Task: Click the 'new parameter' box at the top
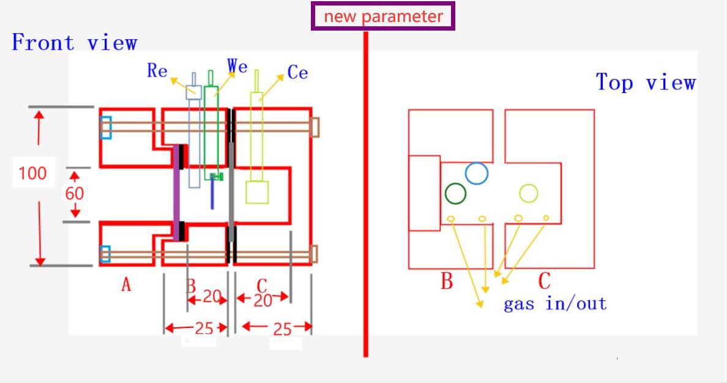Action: point(382,17)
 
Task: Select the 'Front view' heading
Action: point(75,42)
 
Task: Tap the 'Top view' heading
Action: point(646,83)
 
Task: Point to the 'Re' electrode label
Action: point(157,70)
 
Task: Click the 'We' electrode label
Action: point(237,66)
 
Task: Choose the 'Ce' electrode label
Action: point(297,72)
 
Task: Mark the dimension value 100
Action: point(32,173)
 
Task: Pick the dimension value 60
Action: point(74,193)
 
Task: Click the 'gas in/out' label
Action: point(555,303)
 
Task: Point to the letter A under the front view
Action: point(126,284)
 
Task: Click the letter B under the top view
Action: point(447,281)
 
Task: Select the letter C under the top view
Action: point(544,281)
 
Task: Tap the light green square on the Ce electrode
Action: point(257,192)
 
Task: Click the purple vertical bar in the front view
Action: point(176,193)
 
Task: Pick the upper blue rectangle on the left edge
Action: point(106,127)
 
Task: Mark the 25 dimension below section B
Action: point(204,329)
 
